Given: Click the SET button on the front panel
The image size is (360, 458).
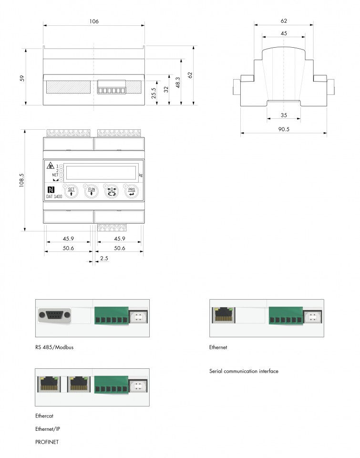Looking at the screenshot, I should click(x=71, y=192).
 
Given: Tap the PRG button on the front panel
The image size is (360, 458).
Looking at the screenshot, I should click(x=131, y=192).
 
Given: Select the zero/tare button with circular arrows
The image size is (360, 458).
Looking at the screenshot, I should click(x=111, y=192).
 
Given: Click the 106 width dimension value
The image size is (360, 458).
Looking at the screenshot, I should click(x=93, y=21).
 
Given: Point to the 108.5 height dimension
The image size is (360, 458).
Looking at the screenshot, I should click(x=22, y=180).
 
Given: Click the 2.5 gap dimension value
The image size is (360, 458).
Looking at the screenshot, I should click(x=104, y=258).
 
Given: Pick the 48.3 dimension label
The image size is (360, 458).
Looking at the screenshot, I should click(x=178, y=82).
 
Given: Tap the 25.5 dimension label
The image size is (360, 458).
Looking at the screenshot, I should click(x=154, y=93).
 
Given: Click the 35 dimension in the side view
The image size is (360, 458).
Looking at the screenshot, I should click(x=284, y=115).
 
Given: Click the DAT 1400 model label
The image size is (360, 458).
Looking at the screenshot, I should click(x=54, y=197).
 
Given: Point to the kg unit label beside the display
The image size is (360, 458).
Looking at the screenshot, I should click(x=141, y=175).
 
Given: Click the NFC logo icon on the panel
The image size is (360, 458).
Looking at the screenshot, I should click(x=51, y=189).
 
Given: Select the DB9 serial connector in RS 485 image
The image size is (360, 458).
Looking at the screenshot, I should click(x=55, y=315).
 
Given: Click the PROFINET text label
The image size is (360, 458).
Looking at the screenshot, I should click(x=47, y=442).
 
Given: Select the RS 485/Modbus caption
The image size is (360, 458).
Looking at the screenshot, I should click(x=54, y=347).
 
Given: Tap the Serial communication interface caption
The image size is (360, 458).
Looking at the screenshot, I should click(x=244, y=371).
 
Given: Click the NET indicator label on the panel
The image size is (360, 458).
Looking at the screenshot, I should click(x=55, y=175).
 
